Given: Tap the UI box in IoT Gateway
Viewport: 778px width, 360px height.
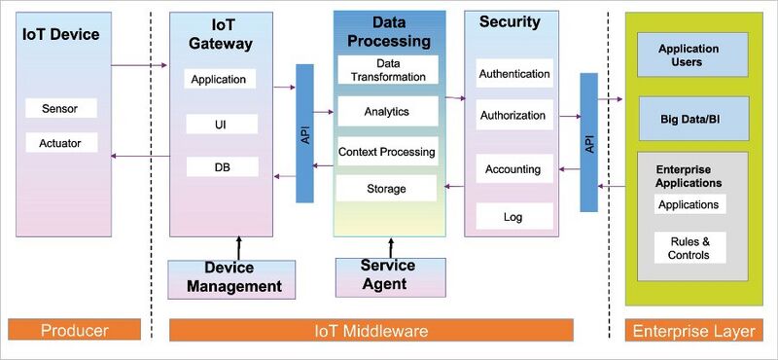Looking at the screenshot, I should point(222,124).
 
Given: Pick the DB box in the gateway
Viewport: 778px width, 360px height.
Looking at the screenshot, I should point(222,166).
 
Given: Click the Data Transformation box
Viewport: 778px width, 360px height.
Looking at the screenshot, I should point(387,69).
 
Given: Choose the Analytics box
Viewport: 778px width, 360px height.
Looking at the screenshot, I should point(387,111).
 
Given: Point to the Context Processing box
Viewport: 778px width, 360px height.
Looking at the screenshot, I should point(387,152).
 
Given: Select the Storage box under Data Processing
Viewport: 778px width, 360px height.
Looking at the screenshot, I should point(387,188).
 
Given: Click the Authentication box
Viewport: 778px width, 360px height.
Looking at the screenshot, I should point(513,72).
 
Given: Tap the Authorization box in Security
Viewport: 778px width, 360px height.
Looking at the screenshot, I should point(513,115).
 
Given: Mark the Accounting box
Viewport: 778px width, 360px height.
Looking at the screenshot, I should point(513,168).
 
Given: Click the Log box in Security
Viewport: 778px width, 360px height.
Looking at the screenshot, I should point(513,215).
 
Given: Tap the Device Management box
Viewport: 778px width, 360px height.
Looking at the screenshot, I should point(230,277).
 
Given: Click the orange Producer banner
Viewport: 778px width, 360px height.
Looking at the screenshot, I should point(74,331).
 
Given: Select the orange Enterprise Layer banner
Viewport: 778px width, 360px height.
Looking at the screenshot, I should point(693,331).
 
